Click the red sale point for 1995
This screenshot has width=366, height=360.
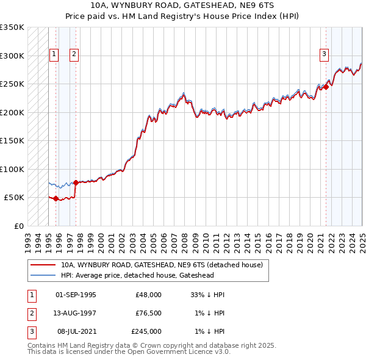[x=56, y=198]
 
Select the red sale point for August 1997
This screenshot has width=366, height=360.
[x=76, y=182]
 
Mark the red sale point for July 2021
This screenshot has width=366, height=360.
[x=326, y=87]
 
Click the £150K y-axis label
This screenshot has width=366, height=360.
[x=12, y=140]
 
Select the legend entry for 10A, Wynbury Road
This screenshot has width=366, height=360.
[x=162, y=265]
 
